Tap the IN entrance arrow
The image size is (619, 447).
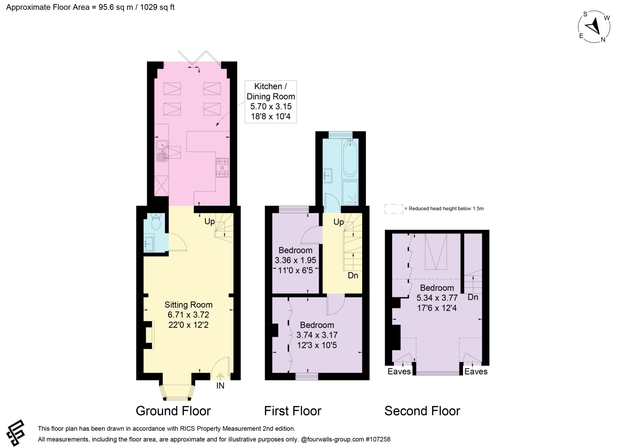(220, 377)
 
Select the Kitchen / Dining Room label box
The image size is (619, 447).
(271, 102)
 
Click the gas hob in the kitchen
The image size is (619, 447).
(222, 168)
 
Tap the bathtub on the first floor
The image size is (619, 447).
(350, 158)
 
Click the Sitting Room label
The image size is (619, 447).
(188, 305)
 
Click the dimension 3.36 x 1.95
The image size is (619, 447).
(295, 260)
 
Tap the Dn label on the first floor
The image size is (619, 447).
(353, 275)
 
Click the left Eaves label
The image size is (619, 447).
(399, 372)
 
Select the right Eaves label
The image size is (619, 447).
(476, 372)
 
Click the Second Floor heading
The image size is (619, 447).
(422, 411)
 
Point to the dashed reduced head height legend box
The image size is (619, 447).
(394, 209)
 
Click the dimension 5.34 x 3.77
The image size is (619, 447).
(437, 298)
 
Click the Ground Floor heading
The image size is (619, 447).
(173, 411)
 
